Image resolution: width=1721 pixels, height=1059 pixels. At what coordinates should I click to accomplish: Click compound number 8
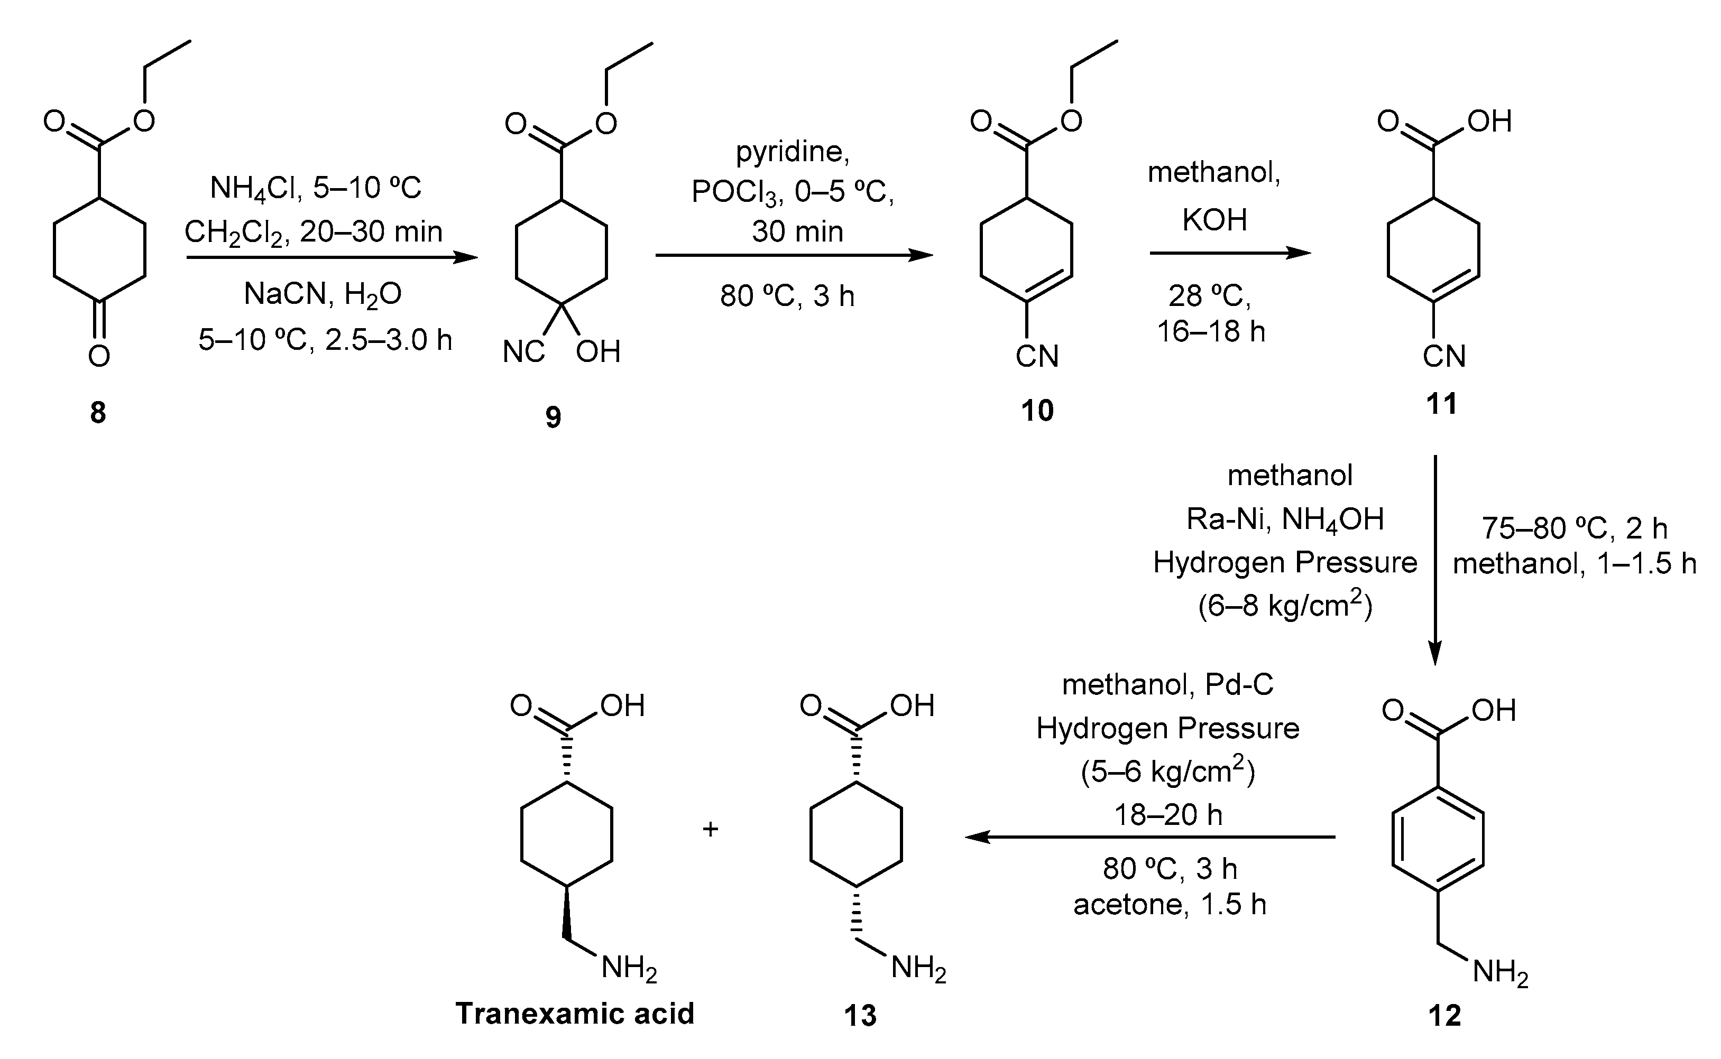[x=98, y=413]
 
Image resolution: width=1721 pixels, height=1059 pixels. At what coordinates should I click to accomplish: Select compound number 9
[x=553, y=417]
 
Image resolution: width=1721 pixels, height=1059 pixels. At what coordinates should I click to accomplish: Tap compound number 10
[x=1036, y=411]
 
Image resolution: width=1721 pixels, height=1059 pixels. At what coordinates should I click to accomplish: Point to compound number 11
[x=1441, y=404]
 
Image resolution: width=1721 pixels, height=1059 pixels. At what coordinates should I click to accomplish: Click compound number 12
[x=1444, y=1015]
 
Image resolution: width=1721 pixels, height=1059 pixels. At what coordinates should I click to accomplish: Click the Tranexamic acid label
[x=575, y=1014]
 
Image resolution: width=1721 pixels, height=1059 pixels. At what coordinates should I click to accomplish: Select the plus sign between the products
[x=711, y=829]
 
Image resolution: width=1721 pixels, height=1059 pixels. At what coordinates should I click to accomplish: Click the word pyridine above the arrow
[x=792, y=152]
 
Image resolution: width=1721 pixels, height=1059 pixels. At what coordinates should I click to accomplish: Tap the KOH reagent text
[x=1214, y=221]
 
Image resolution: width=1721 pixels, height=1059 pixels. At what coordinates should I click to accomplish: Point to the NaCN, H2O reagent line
[x=323, y=295]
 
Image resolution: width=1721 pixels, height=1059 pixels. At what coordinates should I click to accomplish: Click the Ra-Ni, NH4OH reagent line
[x=1284, y=519]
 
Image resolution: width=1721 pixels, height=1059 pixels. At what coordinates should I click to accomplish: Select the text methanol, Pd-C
[x=1167, y=684]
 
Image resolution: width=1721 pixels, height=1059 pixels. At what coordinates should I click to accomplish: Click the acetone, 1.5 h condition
[x=1170, y=905]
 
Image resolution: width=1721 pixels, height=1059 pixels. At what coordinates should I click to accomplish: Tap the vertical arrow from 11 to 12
[x=1434, y=560]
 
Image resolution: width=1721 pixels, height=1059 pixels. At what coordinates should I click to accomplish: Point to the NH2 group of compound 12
[x=1499, y=973]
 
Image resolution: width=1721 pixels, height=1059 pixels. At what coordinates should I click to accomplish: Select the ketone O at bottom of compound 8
[x=99, y=356]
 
